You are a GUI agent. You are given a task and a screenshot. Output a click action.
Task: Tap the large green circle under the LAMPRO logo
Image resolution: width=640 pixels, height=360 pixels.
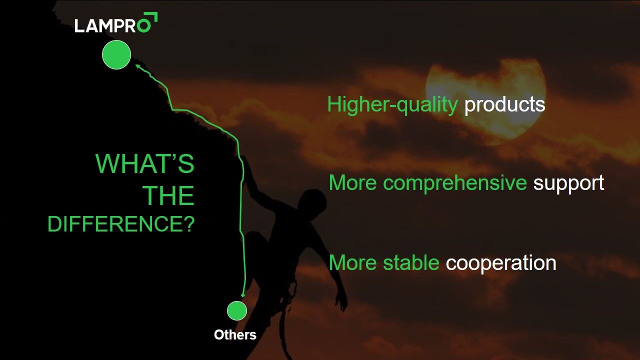pyautogui.click(x=116, y=54)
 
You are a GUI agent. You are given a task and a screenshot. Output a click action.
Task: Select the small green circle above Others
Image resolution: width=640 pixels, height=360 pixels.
pyautogui.click(x=237, y=310)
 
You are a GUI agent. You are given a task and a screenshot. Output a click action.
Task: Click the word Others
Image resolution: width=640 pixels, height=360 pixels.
pyautogui.click(x=235, y=335)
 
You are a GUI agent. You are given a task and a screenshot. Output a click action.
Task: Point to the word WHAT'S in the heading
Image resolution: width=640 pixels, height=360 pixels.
pyautogui.click(x=145, y=163)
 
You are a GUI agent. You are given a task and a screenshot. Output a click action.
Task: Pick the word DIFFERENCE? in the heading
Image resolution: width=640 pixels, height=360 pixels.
pyautogui.click(x=121, y=224)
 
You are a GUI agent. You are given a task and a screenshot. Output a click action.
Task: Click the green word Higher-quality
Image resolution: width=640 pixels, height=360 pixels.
pyautogui.click(x=392, y=105)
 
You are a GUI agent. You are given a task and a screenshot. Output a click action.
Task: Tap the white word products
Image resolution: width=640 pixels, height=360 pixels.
pyautogui.click(x=504, y=105)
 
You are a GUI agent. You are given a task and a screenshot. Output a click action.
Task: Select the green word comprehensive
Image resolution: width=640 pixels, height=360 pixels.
pyautogui.click(x=455, y=183)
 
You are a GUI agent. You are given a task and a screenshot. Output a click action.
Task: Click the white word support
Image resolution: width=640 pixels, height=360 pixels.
pyautogui.click(x=568, y=183)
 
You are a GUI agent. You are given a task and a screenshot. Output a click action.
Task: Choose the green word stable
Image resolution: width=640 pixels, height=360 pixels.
pyautogui.click(x=411, y=263)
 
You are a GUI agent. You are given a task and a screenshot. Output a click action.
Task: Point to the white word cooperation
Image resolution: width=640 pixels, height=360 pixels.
pyautogui.click(x=501, y=263)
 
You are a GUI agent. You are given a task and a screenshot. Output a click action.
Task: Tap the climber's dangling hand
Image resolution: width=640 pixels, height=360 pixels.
pyautogui.click(x=341, y=300)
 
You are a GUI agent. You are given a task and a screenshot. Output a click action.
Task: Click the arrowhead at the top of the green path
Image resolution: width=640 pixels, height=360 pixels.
pyautogui.click(x=137, y=66)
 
